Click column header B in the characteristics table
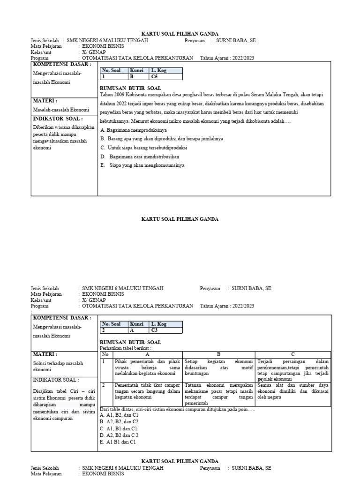[x=219, y=354]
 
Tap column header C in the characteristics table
[x=293, y=354]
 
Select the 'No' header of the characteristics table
[x=105, y=354]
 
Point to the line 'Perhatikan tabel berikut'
[x=126, y=348]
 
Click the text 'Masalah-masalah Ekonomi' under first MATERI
[x=60, y=110]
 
